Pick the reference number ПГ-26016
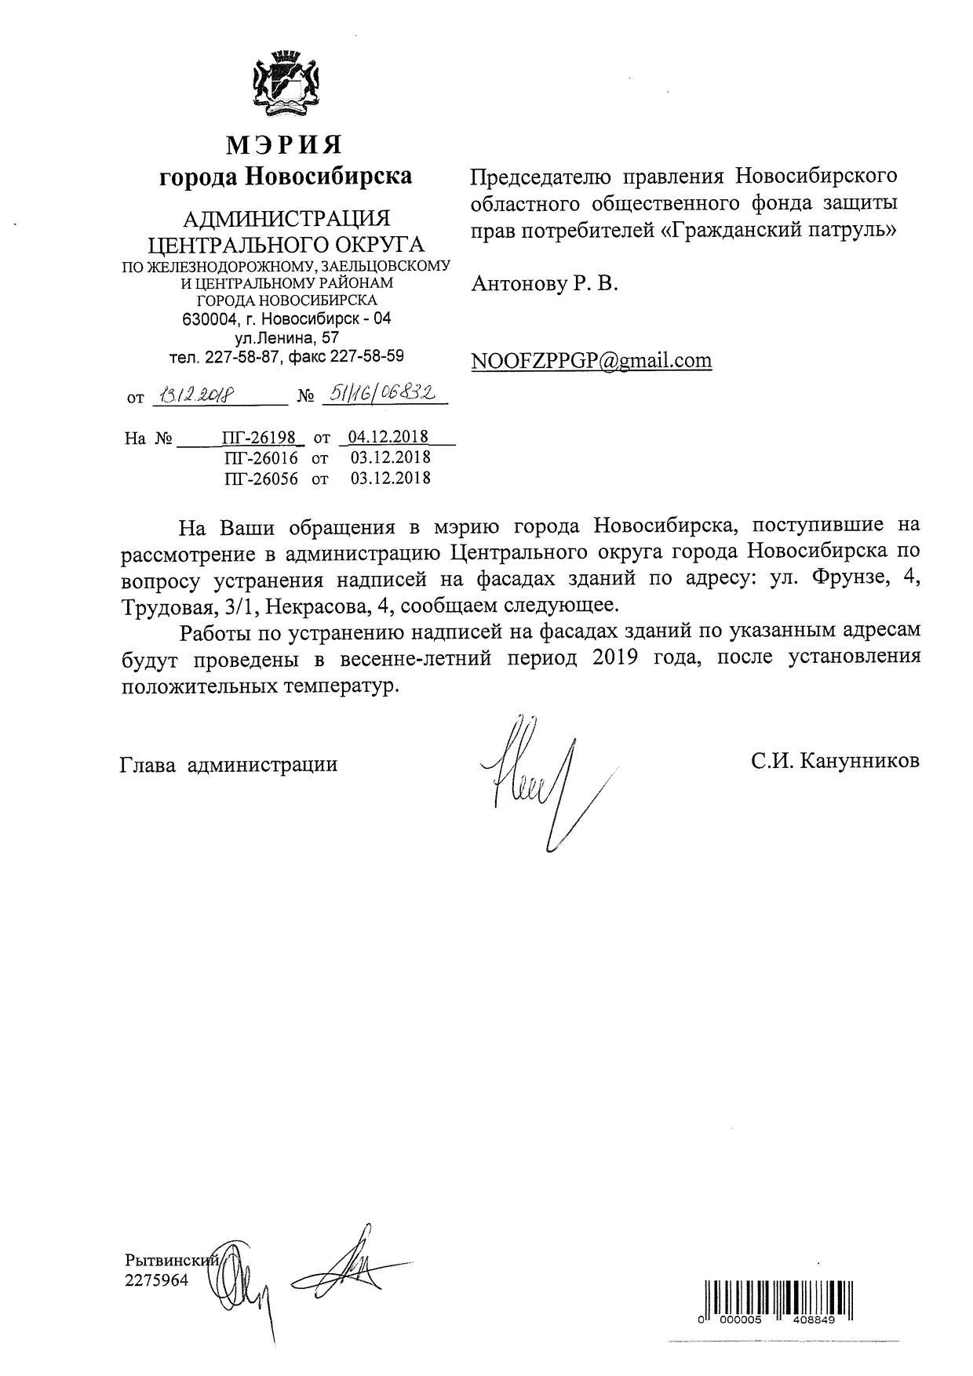(x=261, y=458)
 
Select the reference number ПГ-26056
(x=261, y=479)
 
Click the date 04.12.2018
(x=390, y=437)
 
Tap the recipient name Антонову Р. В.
(x=545, y=284)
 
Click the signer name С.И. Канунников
(x=835, y=761)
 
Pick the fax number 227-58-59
(x=368, y=357)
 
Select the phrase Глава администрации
(x=229, y=764)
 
